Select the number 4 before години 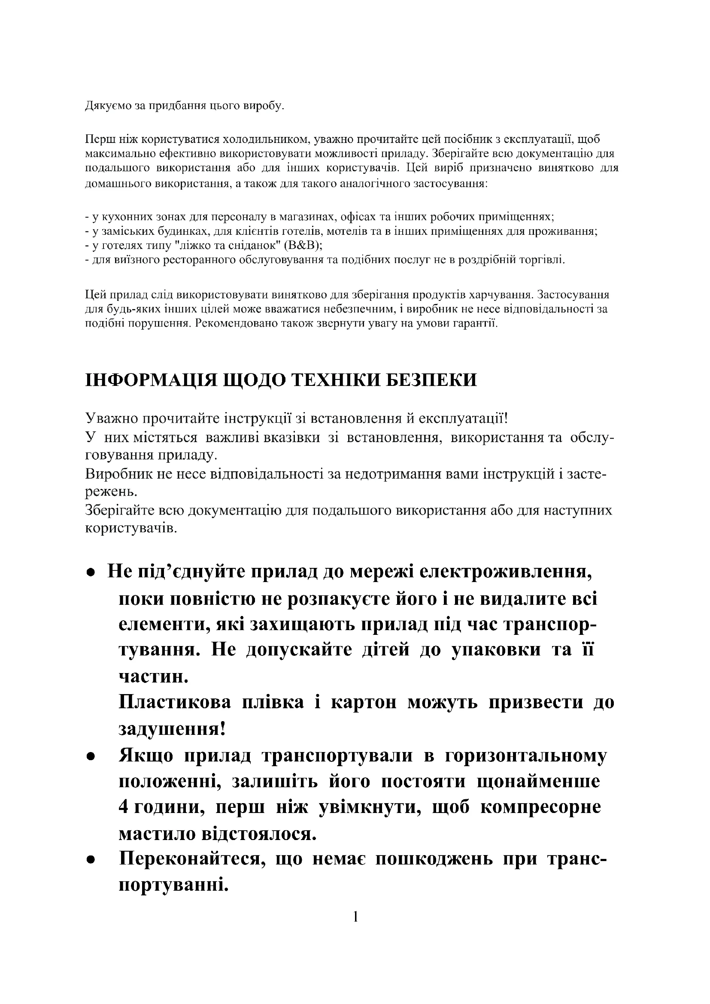coord(123,807)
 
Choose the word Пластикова coord(175,702)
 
